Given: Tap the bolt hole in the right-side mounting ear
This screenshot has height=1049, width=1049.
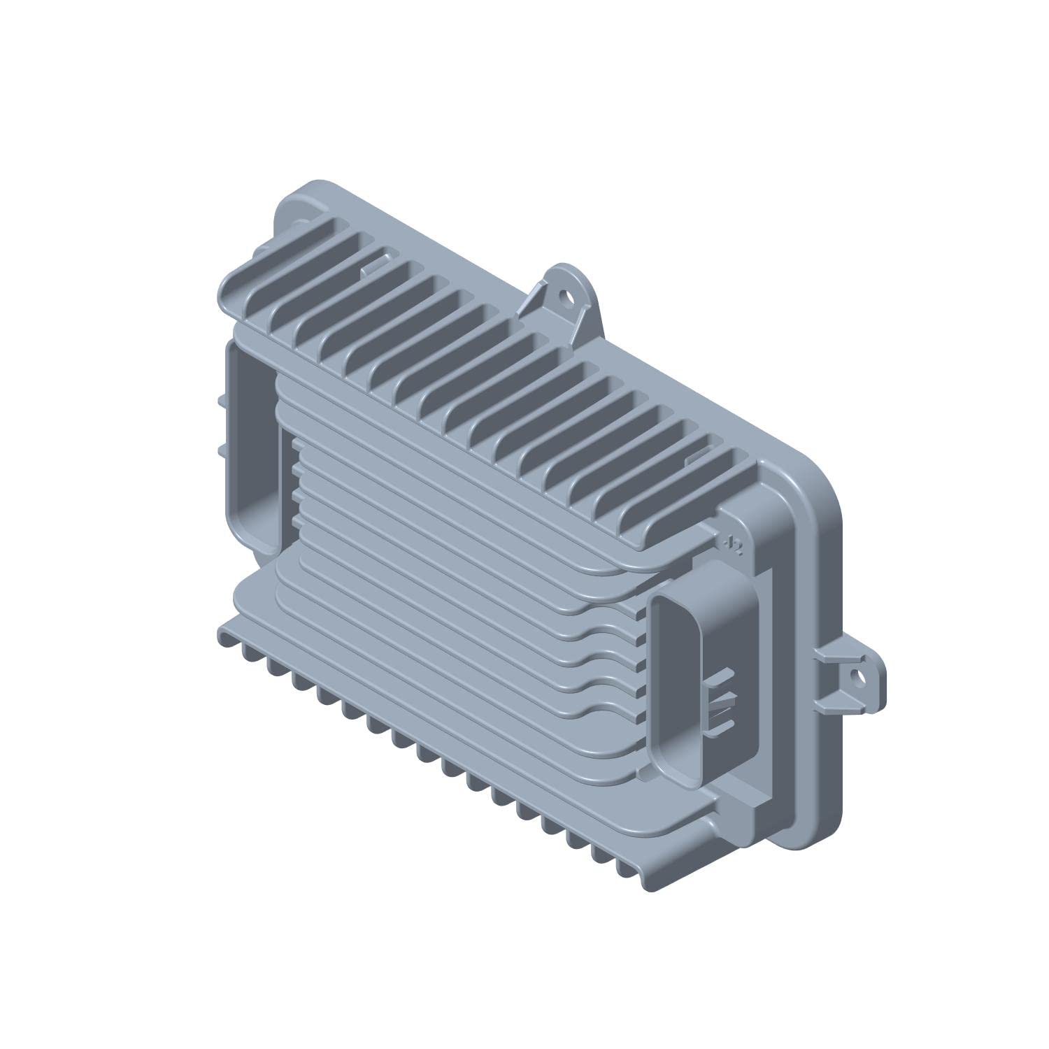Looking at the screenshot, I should (x=855, y=676).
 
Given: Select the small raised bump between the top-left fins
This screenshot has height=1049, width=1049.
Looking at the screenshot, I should (x=376, y=261).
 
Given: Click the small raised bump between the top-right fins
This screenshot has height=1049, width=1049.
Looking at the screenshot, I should (x=699, y=459).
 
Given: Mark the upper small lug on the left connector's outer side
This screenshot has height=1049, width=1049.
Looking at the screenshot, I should (x=221, y=401).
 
